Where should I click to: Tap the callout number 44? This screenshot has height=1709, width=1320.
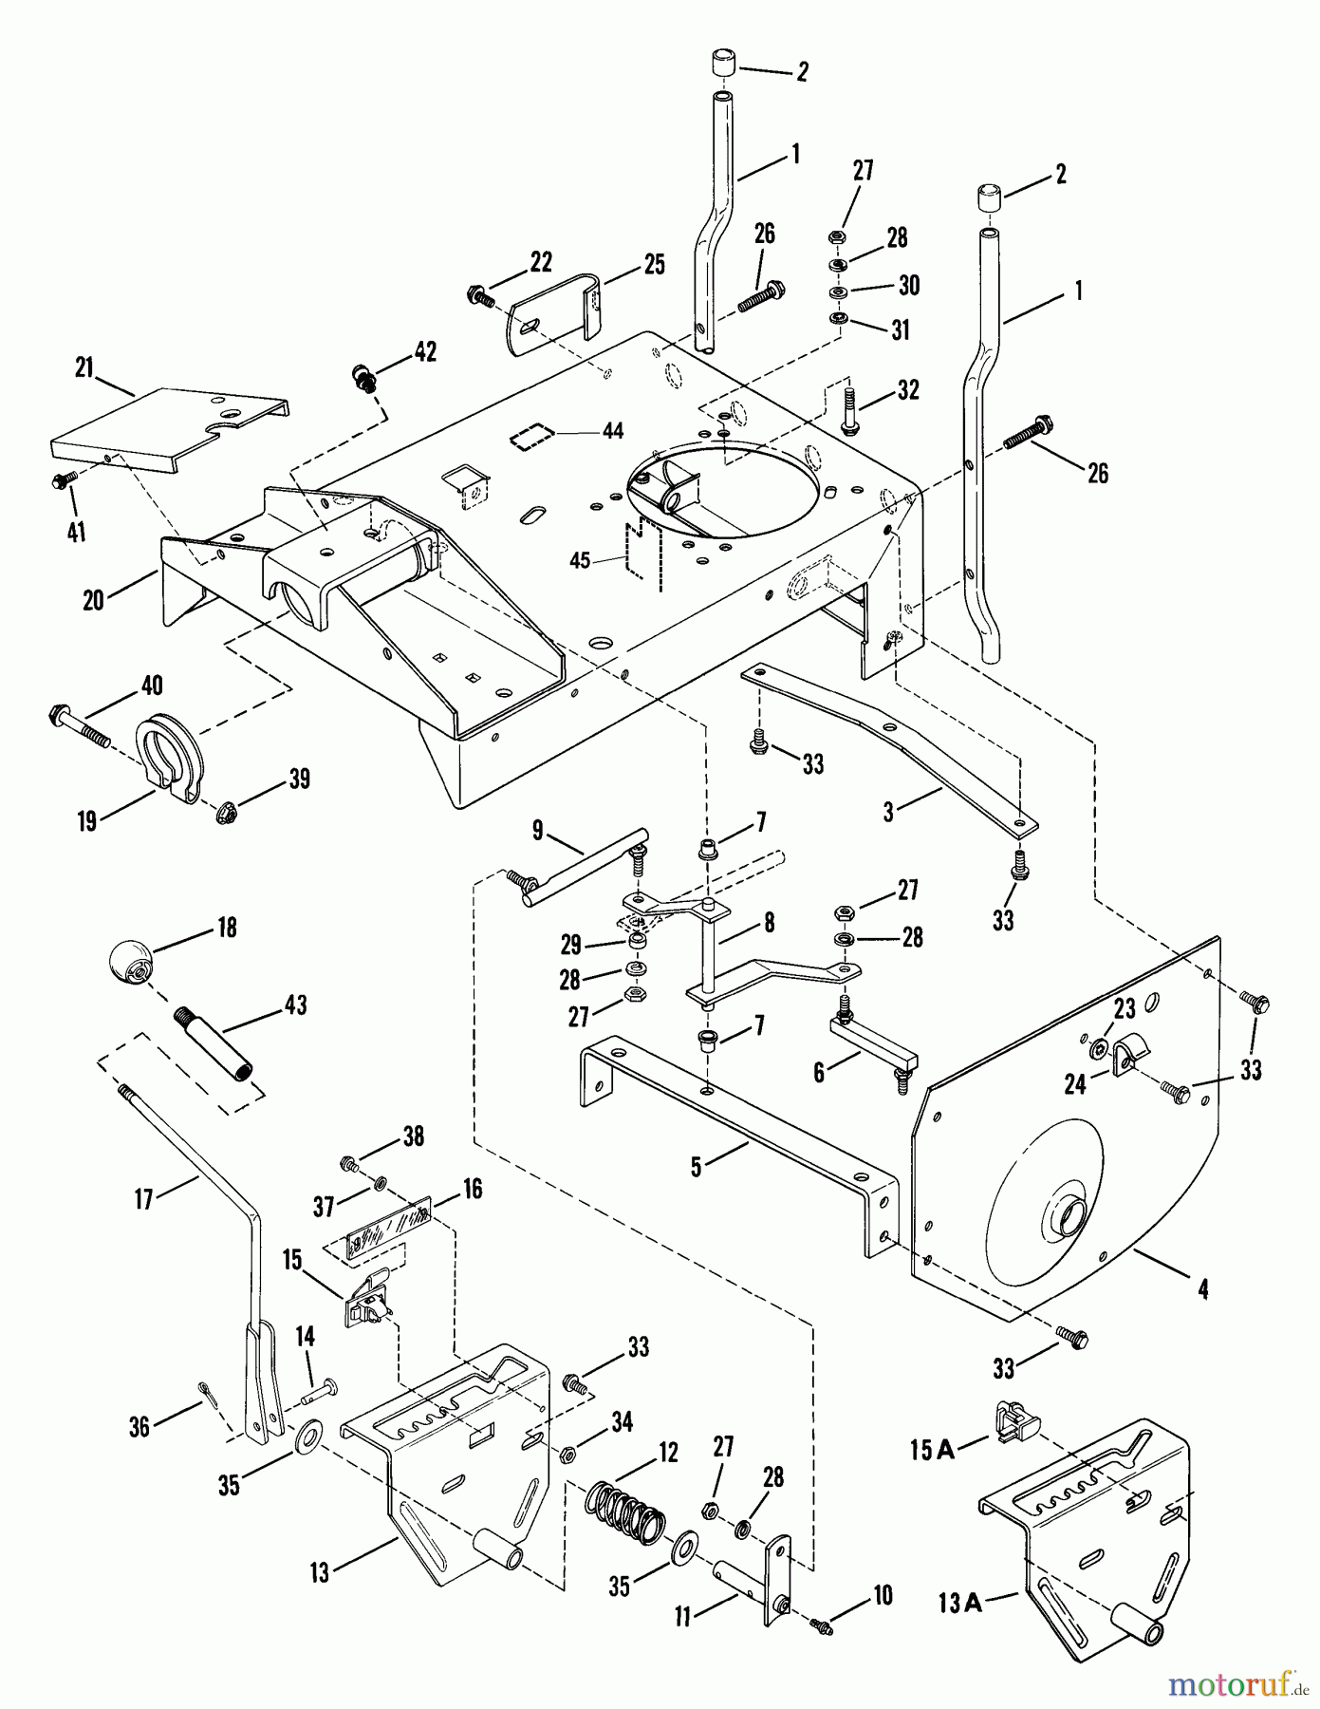click(613, 431)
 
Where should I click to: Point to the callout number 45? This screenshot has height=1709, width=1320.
click(580, 561)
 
